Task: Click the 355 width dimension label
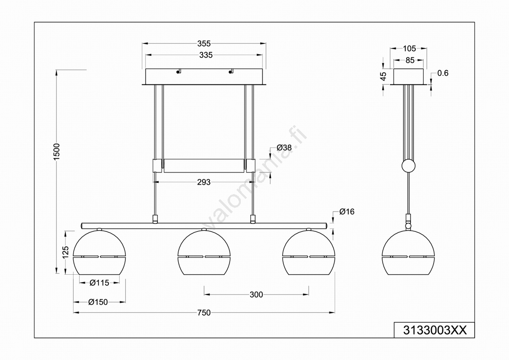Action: [204, 43]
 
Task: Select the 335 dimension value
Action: [206, 55]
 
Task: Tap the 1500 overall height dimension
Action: [57, 151]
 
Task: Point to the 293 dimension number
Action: [204, 182]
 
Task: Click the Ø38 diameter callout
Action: [284, 147]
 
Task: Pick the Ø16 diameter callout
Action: [347, 212]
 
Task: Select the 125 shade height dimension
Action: [66, 252]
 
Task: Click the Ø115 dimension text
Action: [99, 283]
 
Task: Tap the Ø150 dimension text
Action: [98, 302]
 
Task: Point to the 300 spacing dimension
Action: [256, 295]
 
